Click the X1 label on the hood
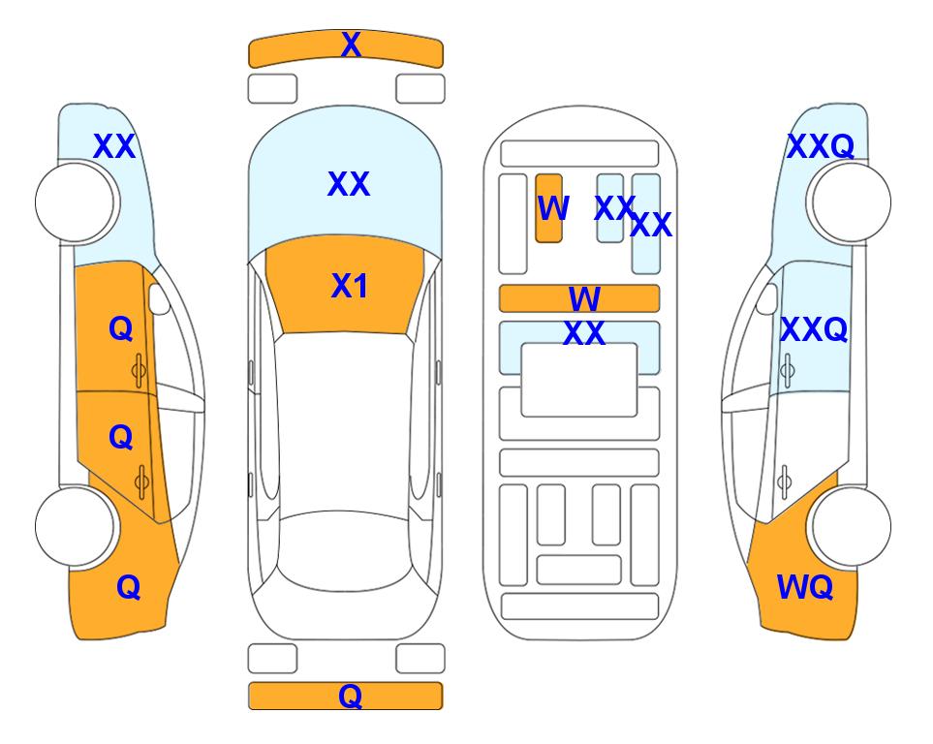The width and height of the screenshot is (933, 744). [350, 286]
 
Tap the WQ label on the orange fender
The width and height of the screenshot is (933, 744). [804, 587]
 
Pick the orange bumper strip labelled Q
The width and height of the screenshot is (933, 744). [346, 696]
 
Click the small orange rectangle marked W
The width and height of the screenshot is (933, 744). [548, 208]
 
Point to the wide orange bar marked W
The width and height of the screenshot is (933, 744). [579, 298]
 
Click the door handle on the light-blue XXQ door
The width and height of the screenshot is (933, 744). [788, 370]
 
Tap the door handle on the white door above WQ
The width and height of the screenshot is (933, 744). [785, 481]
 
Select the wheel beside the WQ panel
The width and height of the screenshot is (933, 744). [851, 526]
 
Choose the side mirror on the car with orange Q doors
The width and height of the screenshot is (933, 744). [159, 298]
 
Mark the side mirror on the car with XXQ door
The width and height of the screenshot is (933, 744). [767, 298]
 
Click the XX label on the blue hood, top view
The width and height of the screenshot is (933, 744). [349, 184]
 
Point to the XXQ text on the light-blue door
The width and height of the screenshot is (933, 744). [814, 329]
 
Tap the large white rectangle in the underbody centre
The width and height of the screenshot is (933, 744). [579, 380]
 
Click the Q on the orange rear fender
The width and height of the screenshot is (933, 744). [128, 588]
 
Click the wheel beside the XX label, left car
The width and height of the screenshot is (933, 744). [76, 202]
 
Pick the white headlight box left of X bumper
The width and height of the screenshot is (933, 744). [272, 89]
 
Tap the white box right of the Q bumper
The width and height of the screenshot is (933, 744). [420, 659]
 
